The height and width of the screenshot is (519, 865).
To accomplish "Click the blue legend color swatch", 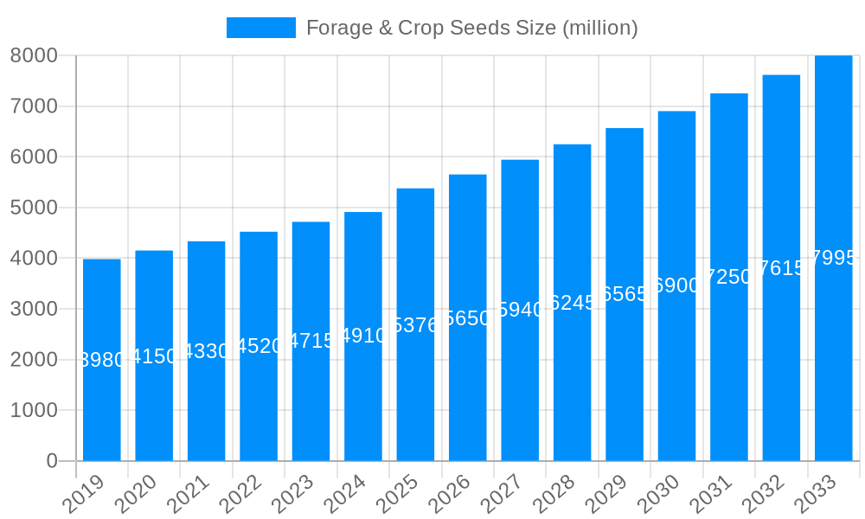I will tap(260, 28).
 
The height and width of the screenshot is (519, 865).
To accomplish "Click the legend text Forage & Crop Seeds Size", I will tap(471, 28).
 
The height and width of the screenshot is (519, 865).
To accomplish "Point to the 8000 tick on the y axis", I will tap(34, 55).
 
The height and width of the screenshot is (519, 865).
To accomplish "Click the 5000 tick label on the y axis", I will tap(34, 208).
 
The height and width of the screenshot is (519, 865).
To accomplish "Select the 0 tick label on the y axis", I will tap(51, 461).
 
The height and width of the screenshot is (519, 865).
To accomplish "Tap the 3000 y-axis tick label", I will tap(34, 309).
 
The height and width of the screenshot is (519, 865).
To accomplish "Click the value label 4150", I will tap(154, 356).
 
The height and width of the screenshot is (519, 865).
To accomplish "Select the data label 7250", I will tap(729, 277).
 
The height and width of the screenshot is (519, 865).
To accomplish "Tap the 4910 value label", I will tap(363, 336).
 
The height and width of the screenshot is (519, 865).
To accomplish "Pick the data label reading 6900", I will tap(676, 285).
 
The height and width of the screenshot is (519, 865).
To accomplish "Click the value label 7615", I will tap(781, 268).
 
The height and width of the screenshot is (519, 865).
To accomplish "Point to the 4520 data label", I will tap(259, 346).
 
